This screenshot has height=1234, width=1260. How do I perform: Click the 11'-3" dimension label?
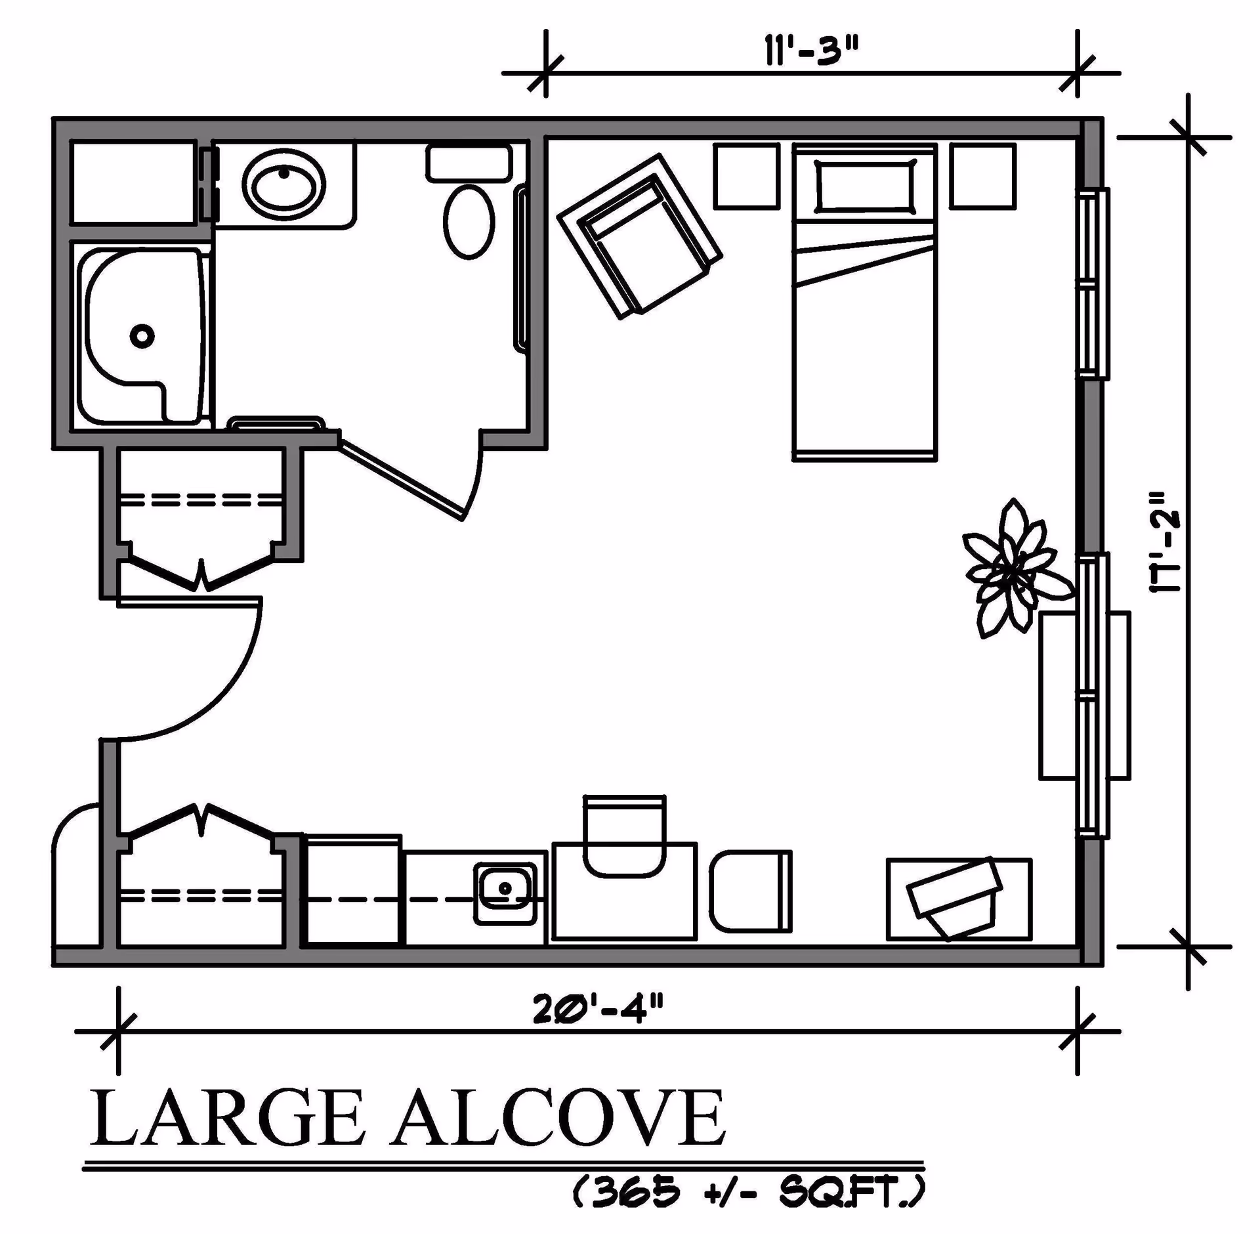tap(811, 51)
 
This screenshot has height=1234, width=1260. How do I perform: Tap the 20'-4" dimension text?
tap(598, 1009)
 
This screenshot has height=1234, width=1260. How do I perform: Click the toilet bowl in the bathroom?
tap(469, 222)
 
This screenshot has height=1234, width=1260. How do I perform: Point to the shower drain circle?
tap(142, 336)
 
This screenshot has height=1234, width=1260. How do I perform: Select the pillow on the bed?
tap(864, 186)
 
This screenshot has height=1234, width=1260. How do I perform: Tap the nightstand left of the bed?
tap(746, 176)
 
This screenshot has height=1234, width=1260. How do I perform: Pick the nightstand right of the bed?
tap(982, 176)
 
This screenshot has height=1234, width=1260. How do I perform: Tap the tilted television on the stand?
tap(955, 896)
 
